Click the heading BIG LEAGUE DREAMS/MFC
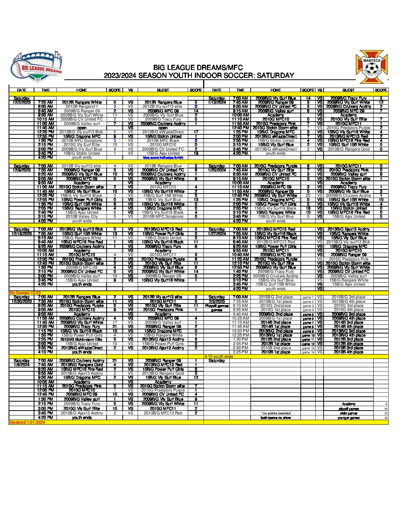tap(198, 68)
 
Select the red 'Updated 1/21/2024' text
tap(27, 422)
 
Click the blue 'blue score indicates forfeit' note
tap(163, 158)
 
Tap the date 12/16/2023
tap(21, 234)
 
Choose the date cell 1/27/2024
tap(217, 234)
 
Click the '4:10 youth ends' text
tap(218, 356)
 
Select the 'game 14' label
tap(308, 352)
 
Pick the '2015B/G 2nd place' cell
tap(276, 297)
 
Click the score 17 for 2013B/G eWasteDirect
tap(196, 132)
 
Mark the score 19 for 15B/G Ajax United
tap(196, 153)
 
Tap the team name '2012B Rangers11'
tap(82, 107)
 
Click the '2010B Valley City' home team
tap(82, 216)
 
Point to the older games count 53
tap(386, 413)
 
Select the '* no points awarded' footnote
tap(276, 413)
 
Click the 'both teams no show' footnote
tap(276, 418)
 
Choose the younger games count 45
tap(386, 418)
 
